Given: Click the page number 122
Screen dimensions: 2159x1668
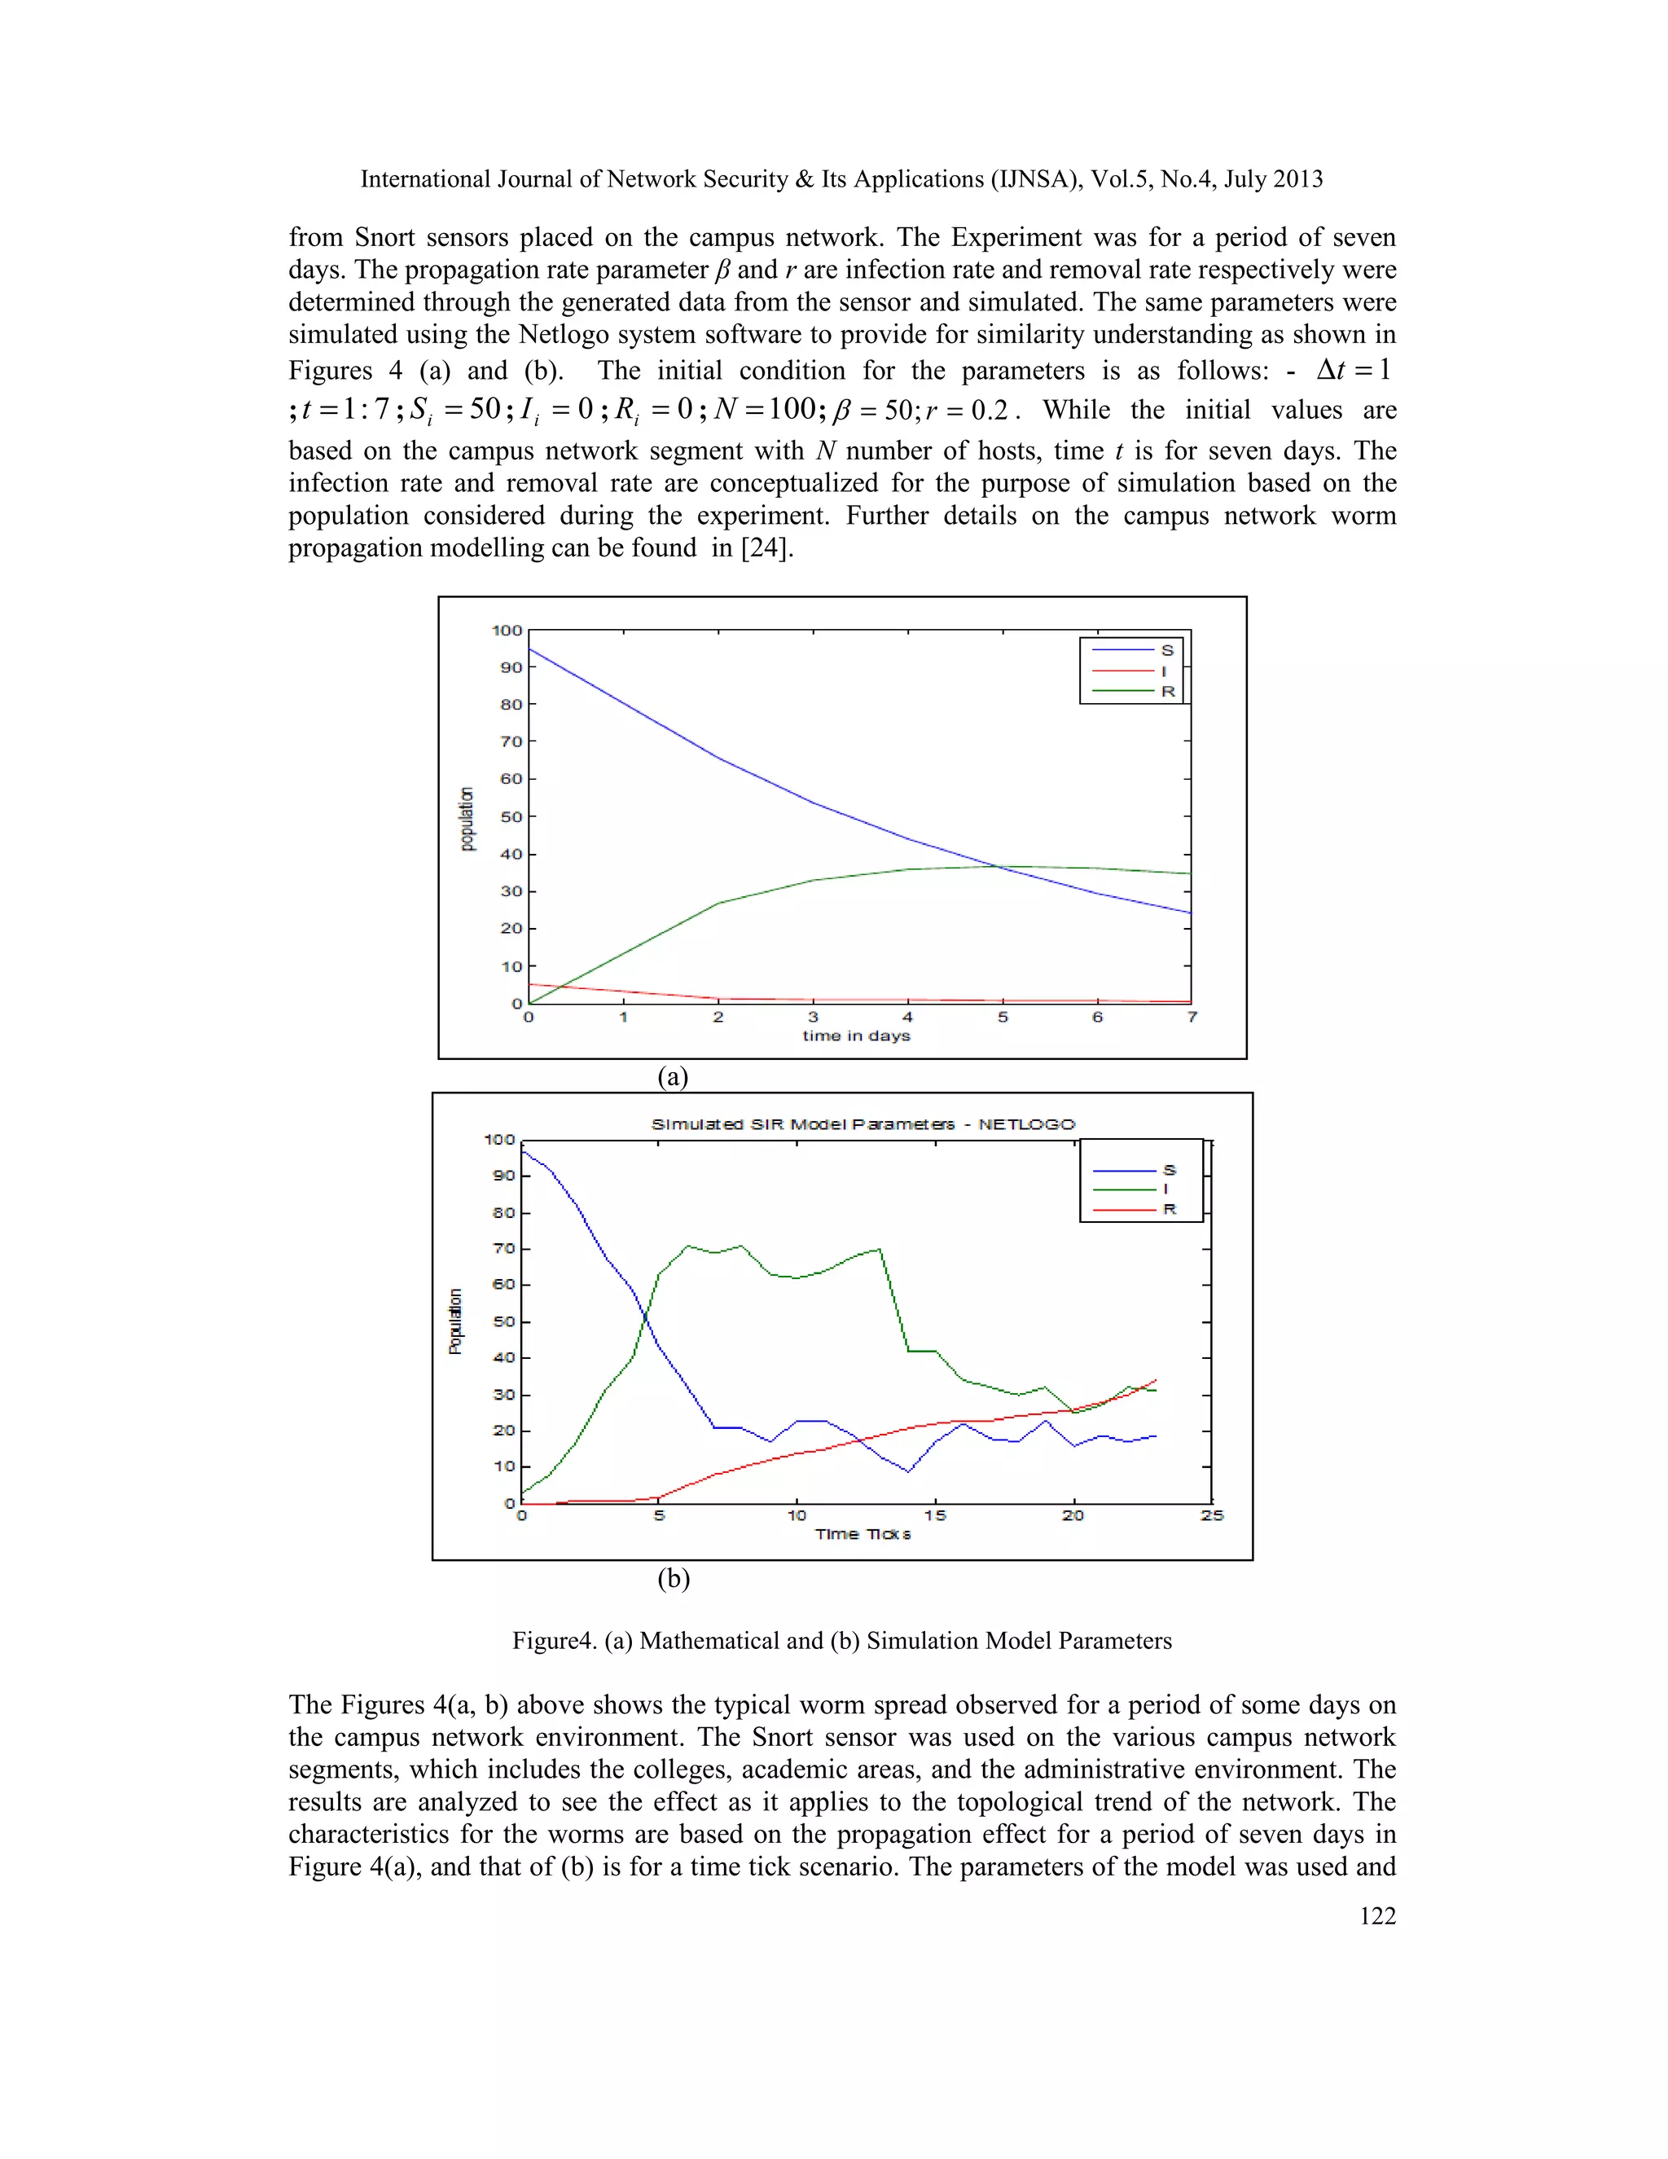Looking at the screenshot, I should point(1376,1916).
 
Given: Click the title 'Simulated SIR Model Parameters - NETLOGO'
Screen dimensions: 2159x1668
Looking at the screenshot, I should point(863,1124).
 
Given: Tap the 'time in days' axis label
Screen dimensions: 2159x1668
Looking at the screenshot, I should point(856,1036).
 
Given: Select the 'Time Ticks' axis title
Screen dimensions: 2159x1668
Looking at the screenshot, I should point(863,1534).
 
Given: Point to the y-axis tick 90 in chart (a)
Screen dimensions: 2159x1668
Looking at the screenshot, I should point(511,667).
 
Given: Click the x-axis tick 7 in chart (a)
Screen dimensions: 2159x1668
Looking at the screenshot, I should point(1192,1018).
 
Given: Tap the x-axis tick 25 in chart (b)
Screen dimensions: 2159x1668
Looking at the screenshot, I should point(1211,1515).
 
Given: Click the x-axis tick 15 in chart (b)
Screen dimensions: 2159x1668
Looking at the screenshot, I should point(935,1515).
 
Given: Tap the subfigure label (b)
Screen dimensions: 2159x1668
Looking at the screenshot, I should point(673,1579).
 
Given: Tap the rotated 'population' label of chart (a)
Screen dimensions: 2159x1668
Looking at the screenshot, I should point(467,819).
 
